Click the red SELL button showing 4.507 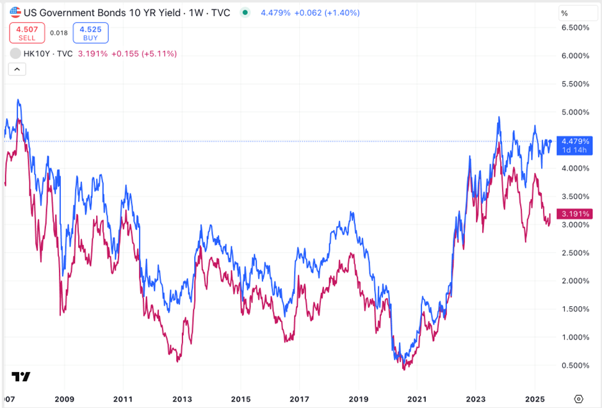click(x=27, y=33)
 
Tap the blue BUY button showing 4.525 click(x=90, y=33)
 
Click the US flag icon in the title click(x=14, y=12)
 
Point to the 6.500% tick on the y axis click(x=574, y=28)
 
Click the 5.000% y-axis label click(x=574, y=112)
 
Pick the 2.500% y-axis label click(x=574, y=253)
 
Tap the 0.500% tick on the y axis click(x=574, y=366)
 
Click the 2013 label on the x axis click(x=182, y=398)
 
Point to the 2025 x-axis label click(x=535, y=398)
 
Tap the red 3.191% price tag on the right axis click(x=574, y=214)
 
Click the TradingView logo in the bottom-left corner click(x=21, y=377)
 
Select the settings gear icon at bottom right click(x=578, y=398)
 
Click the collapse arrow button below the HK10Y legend click(x=17, y=69)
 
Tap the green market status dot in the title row click(x=245, y=12)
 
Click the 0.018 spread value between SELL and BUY click(x=58, y=33)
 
